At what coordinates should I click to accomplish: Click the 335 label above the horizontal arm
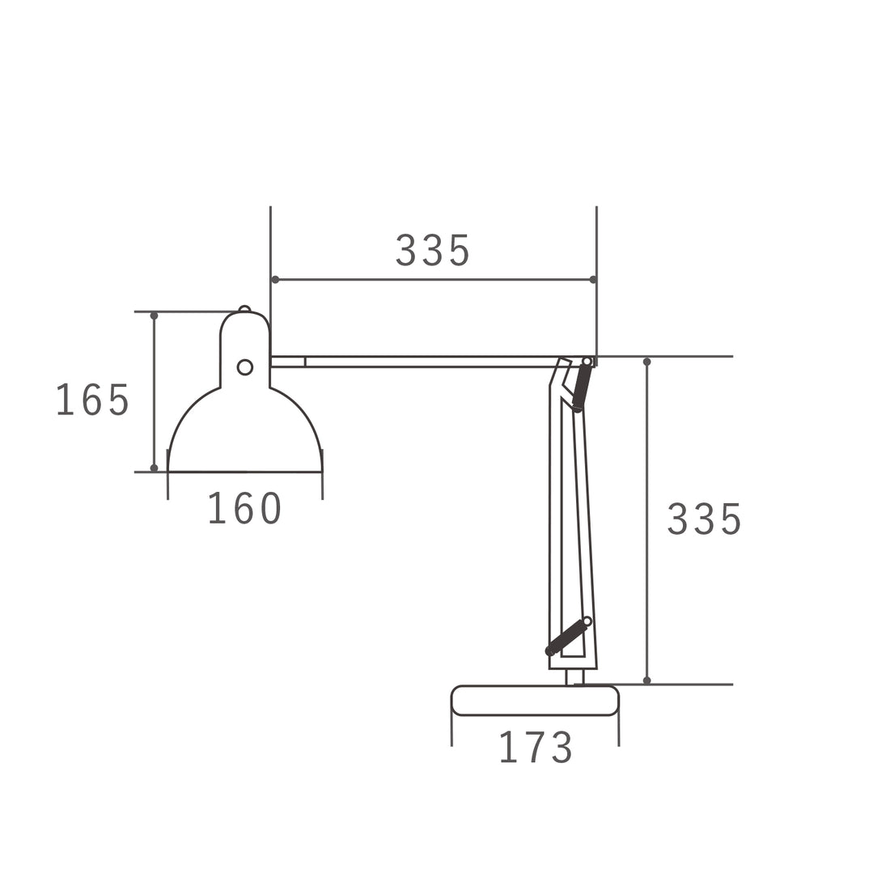[432, 251]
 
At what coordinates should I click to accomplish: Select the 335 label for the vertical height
[703, 519]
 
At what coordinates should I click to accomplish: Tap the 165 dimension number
[92, 400]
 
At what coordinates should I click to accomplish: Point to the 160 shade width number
[244, 509]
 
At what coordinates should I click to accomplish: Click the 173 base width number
[536, 748]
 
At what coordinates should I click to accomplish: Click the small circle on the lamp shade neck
[244, 367]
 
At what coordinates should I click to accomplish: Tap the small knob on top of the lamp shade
[244, 309]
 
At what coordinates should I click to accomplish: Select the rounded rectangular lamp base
[535, 701]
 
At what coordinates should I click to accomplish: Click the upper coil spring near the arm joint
[582, 386]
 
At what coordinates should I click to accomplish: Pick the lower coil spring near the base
[566, 637]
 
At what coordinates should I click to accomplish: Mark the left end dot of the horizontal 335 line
[275, 279]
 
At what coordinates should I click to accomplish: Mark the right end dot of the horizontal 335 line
[593, 279]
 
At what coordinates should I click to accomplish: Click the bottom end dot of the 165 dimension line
[154, 468]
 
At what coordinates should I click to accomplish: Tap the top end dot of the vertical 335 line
[646, 362]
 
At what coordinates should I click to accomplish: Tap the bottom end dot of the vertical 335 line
[646, 680]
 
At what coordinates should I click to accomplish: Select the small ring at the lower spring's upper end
[587, 621]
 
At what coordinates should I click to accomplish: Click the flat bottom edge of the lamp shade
[244, 471]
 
